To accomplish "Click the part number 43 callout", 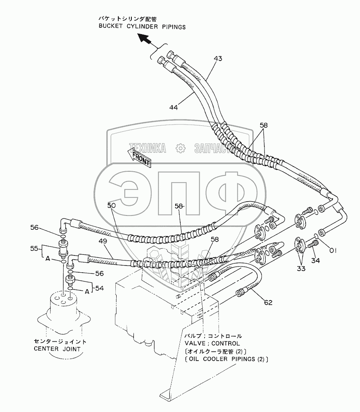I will tap(217, 58).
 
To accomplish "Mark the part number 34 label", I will tap(315, 260).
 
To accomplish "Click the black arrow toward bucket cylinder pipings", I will tap(146, 41).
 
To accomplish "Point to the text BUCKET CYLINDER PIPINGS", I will tap(142, 27).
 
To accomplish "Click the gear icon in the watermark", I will tap(180, 148).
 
